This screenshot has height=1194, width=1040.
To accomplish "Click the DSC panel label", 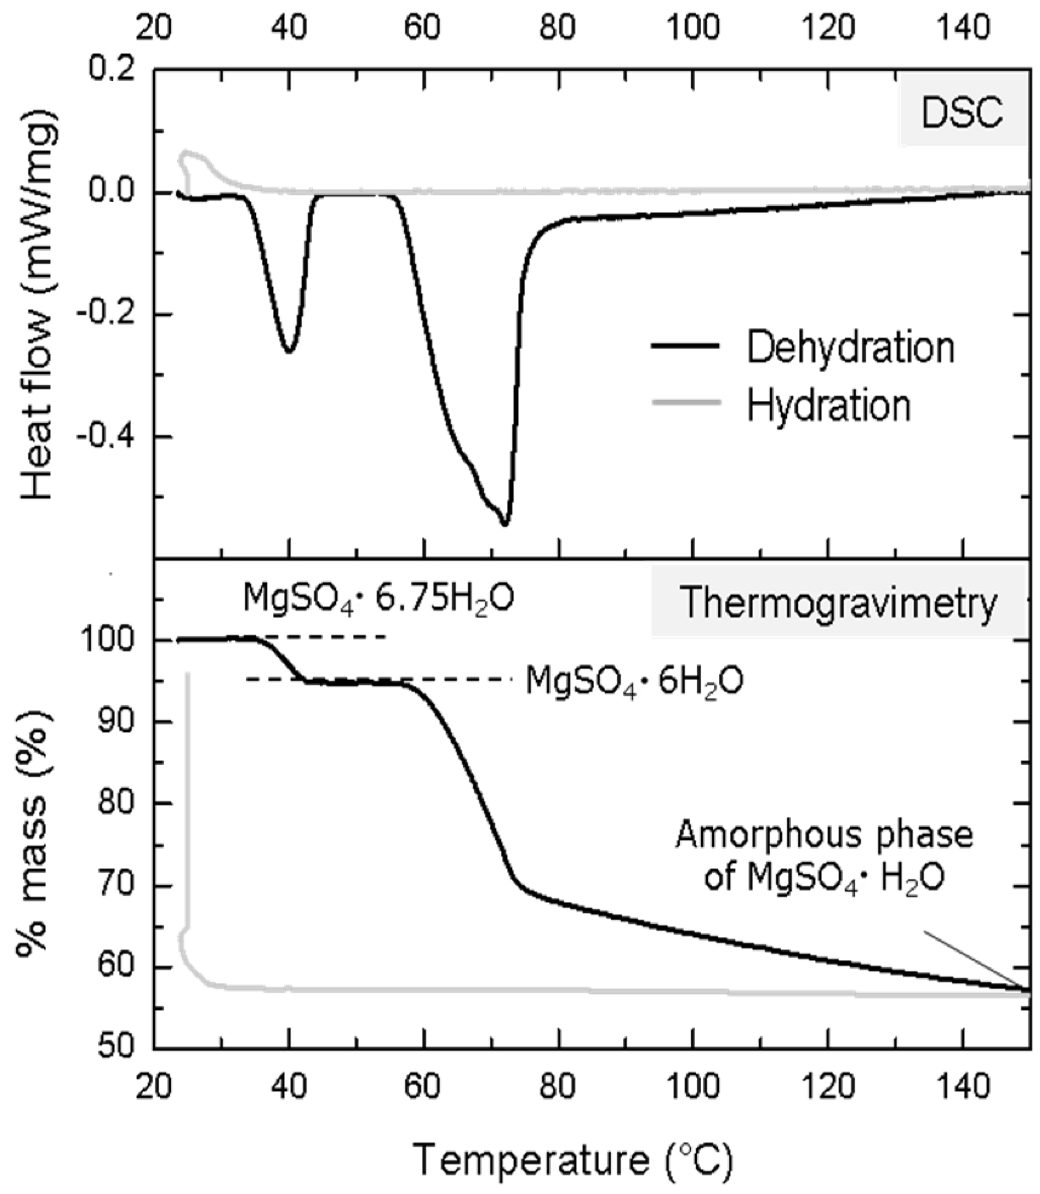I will point(962,114).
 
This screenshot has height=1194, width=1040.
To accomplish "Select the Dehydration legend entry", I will point(850,348).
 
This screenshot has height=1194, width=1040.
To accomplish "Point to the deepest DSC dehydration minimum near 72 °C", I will point(505,524).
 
